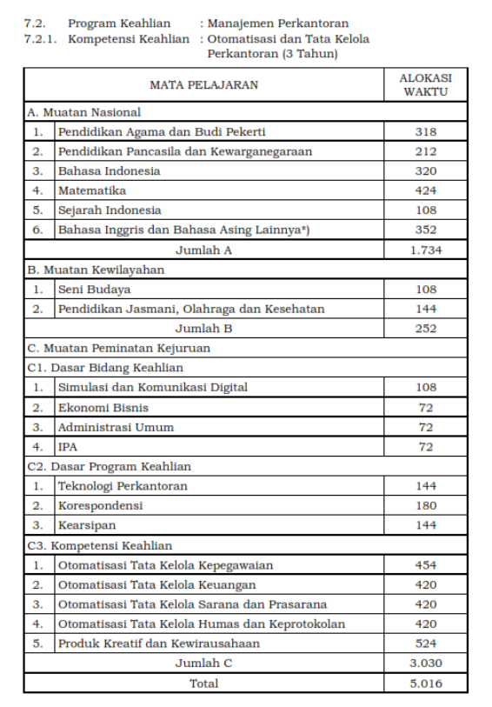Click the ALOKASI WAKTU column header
[x=425, y=84]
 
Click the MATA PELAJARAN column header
[x=203, y=84]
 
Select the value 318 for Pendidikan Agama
[x=425, y=132]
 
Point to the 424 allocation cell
[x=425, y=190]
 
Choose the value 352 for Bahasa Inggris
[x=425, y=230]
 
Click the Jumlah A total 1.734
[x=425, y=250]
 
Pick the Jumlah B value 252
[x=425, y=329]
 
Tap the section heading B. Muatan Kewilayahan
[x=96, y=270]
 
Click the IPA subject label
[x=68, y=447]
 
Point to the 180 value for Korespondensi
[x=425, y=506]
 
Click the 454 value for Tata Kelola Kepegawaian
[x=425, y=565]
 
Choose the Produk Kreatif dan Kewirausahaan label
[x=159, y=644]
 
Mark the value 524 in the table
[x=425, y=644]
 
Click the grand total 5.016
[x=425, y=684]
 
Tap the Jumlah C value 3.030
[x=425, y=664]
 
